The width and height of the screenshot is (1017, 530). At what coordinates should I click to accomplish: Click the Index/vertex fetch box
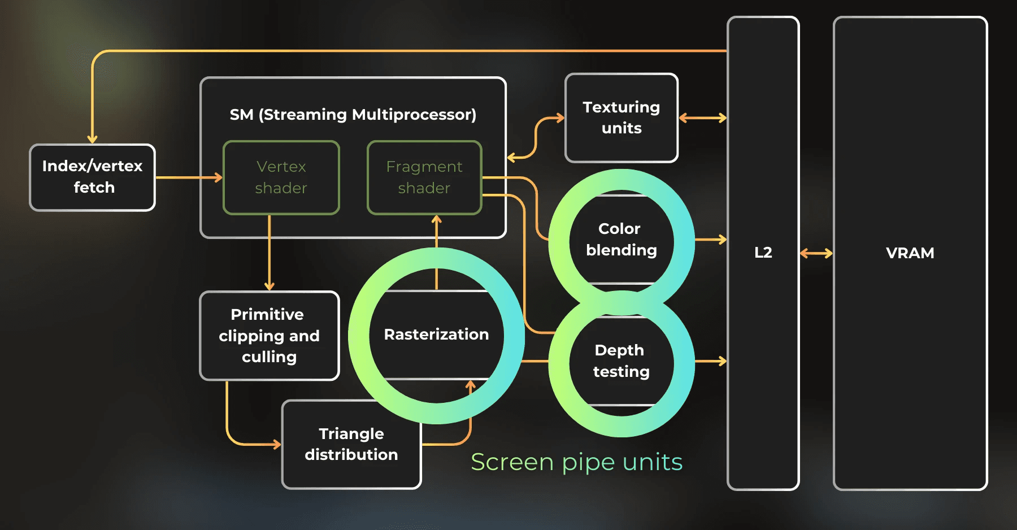(92, 177)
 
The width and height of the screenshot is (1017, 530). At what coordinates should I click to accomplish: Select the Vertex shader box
(281, 177)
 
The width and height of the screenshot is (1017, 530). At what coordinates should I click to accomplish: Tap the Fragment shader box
(424, 177)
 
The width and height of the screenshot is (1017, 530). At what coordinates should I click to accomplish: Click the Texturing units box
(621, 118)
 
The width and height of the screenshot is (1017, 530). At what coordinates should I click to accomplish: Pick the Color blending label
(621, 240)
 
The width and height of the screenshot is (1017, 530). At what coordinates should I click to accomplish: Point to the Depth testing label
(621, 361)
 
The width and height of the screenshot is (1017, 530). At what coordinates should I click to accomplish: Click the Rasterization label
(436, 334)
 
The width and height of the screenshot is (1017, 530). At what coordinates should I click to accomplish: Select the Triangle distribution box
(351, 444)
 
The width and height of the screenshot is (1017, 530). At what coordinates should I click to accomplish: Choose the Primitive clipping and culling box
(270, 336)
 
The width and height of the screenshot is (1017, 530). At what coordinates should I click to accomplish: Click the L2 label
(763, 253)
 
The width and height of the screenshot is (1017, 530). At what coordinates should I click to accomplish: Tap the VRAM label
(910, 253)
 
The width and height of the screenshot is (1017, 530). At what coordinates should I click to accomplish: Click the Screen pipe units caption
(576, 462)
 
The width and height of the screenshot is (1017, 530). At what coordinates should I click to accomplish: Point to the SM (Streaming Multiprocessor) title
(353, 115)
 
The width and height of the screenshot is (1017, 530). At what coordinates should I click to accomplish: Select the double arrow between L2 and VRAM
(816, 253)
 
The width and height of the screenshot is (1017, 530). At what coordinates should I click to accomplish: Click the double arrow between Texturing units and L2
(702, 118)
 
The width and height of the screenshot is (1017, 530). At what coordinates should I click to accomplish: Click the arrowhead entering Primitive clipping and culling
(270, 286)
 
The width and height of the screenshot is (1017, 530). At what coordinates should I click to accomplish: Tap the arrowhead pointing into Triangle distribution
(276, 445)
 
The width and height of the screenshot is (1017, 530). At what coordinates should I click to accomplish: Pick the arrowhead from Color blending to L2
(722, 240)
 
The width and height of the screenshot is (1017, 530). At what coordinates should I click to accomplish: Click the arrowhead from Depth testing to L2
(722, 361)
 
